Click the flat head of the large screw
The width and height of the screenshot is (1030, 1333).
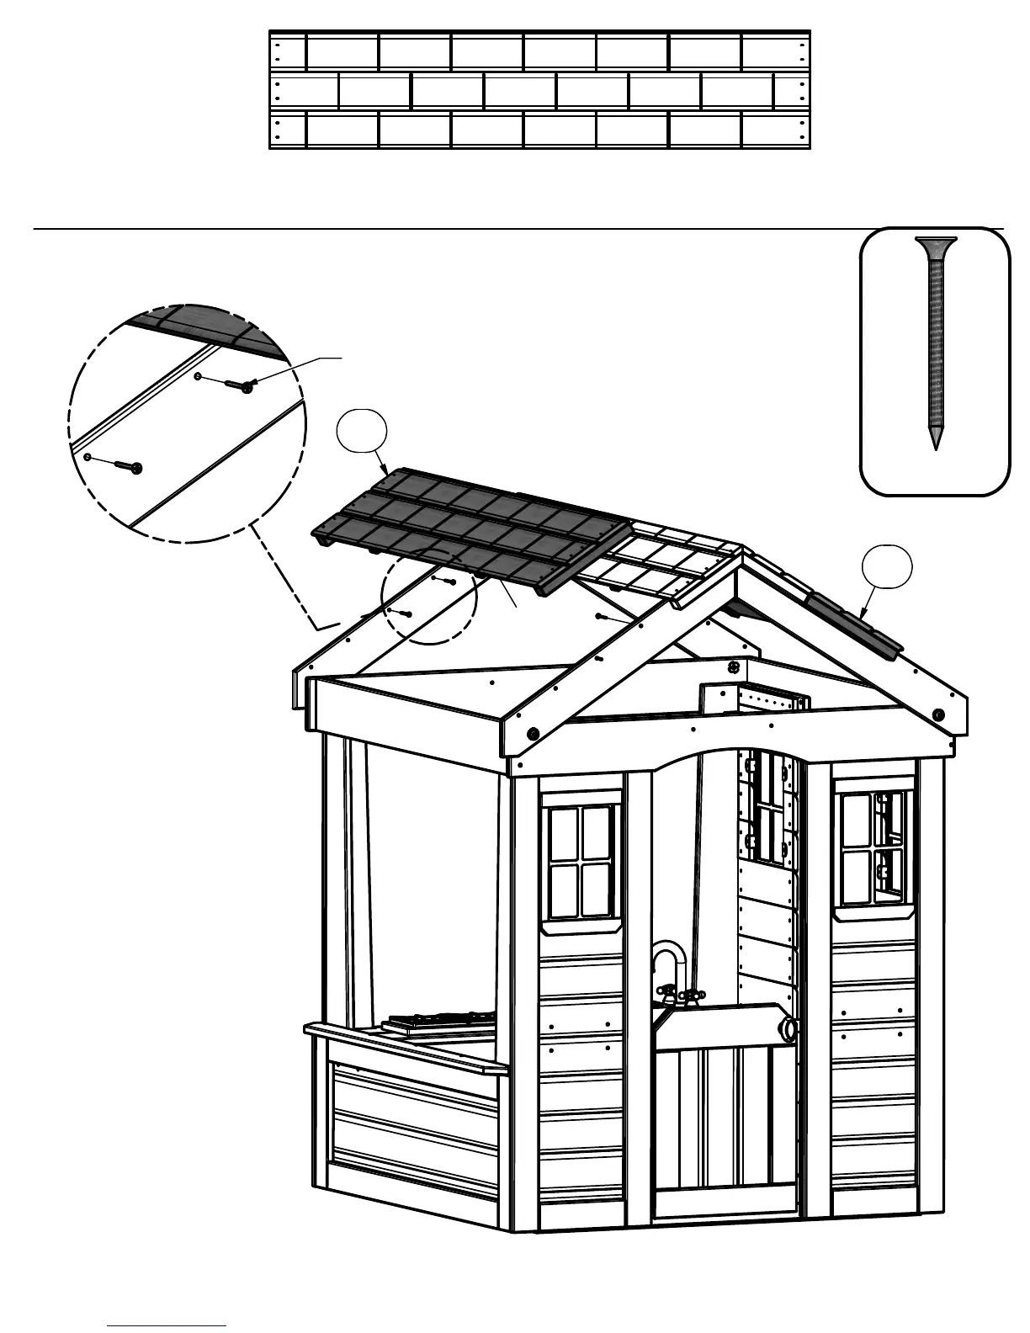pyautogui.click(x=935, y=246)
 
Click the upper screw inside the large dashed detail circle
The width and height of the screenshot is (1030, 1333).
pyautogui.click(x=240, y=385)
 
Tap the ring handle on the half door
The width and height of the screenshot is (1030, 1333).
pyautogui.click(x=790, y=1029)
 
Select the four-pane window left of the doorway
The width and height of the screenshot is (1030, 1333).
pyautogui.click(x=581, y=860)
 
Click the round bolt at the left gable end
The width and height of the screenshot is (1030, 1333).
pyautogui.click(x=532, y=733)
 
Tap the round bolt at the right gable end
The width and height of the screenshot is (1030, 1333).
pyautogui.click(x=938, y=714)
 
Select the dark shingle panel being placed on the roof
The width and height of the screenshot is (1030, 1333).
pyautogui.click(x=471, y=528)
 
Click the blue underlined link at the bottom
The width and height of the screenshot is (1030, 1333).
pyautogui.click(x=167, y=1326)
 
